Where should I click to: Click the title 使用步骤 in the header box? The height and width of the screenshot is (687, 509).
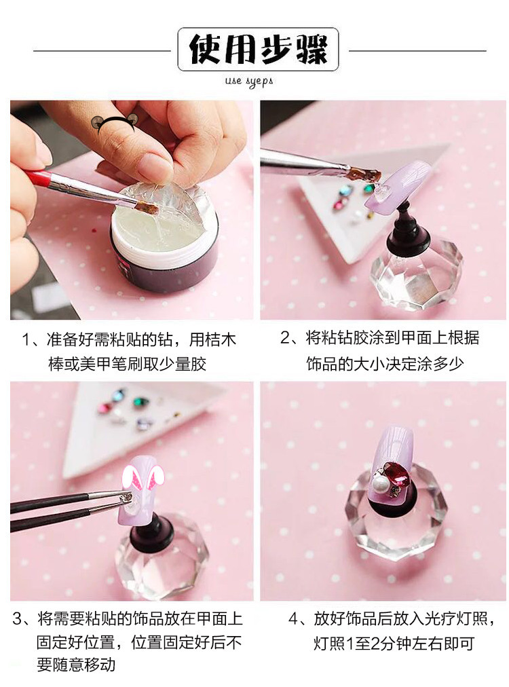[258, 49]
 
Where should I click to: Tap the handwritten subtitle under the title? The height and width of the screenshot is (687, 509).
[249, 81]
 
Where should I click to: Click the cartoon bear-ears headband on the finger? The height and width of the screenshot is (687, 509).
[113, 122]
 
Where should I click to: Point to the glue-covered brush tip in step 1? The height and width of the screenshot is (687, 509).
[147, 207]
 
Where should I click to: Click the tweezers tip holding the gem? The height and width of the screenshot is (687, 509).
[126, 497]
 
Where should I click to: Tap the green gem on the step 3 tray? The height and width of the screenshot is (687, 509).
[140, 401]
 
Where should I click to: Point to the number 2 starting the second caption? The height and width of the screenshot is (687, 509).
[285, 338]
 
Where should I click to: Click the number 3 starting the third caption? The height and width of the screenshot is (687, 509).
[18, 618]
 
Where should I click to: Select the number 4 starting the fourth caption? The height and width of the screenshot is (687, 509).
[293, 618]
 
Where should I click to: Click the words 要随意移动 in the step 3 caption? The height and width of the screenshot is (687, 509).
[76, 665]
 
